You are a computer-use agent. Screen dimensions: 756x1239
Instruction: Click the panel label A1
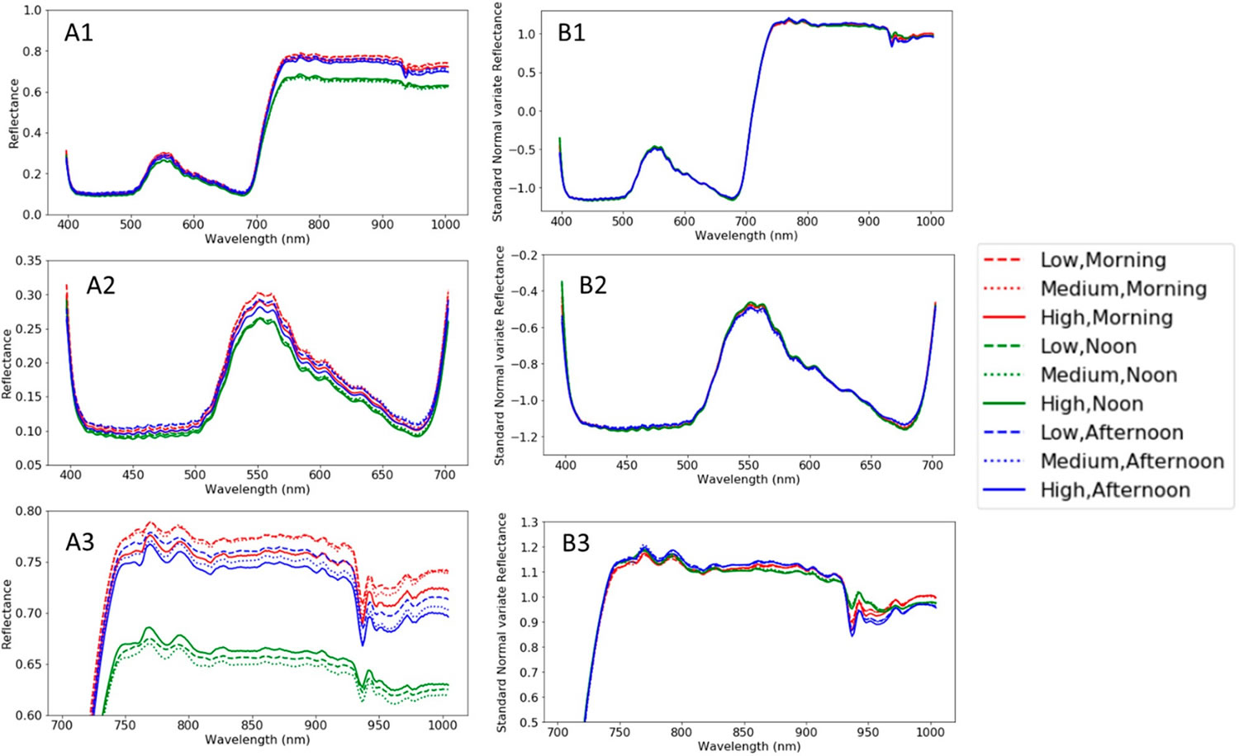click(79, 33)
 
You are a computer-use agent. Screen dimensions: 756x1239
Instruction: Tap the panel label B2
click(593, 286)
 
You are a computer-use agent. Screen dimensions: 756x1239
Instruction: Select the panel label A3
click(80, 542)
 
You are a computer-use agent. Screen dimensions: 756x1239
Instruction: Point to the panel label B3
click(576, 544)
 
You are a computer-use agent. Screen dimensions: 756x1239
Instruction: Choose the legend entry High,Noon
click(1091, 404)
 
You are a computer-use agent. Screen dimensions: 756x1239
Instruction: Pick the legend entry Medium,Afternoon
click(1132, 461)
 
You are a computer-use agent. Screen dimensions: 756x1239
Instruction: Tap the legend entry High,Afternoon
click(1115, 490)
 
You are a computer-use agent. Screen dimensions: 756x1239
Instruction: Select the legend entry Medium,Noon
click(1108, 375)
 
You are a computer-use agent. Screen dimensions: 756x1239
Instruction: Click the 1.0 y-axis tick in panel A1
click(31, 11)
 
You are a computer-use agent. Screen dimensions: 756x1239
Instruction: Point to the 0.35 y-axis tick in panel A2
click(27, 261)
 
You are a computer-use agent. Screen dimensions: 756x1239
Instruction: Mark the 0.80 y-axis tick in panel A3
click(27, 511)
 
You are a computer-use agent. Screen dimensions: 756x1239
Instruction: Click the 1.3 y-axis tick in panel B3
click(529, 522)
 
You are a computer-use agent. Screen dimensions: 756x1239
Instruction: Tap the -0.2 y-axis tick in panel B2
click(525, 256)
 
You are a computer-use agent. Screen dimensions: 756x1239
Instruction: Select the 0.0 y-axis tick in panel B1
click(526, 111)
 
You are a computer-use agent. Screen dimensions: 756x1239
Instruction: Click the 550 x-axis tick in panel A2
click(257, 475)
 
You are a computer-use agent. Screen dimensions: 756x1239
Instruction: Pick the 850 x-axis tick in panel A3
click(252, 725)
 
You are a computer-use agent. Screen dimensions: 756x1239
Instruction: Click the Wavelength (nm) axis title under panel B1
click(746, 236)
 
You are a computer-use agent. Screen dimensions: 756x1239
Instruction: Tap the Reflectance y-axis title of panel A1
click(14, 114)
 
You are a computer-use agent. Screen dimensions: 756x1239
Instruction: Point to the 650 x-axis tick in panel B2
click(871, 465)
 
